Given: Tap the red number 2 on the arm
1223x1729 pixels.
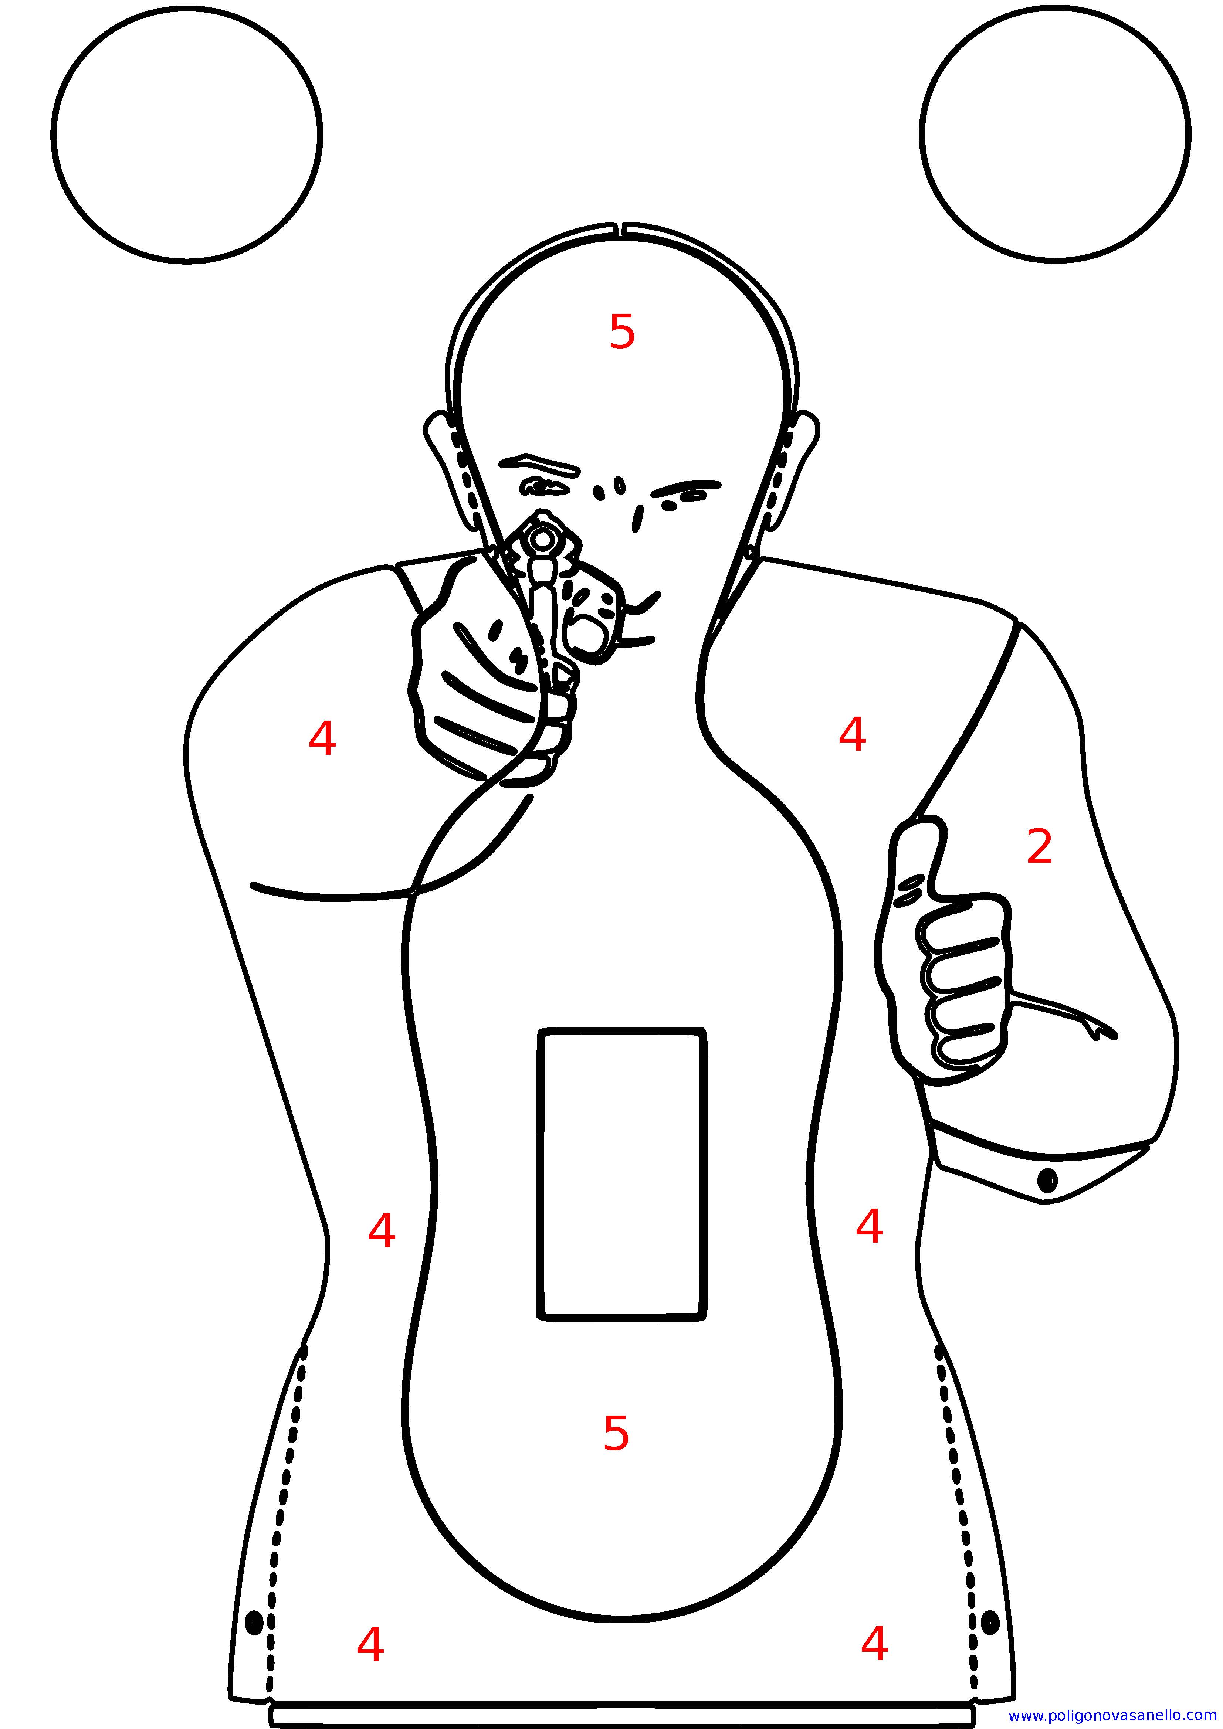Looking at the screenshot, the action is coord(1039,846).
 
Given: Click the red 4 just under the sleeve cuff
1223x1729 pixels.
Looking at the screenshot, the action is coord(870,1226).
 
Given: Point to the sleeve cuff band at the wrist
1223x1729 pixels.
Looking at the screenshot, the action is coord(1043,1164).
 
